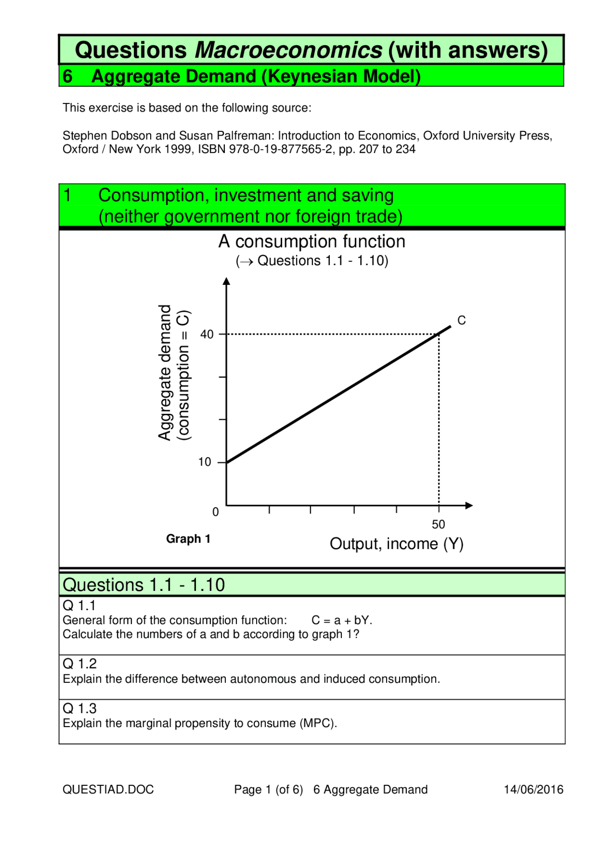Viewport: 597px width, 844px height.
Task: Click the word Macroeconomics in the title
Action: tap(288, 50)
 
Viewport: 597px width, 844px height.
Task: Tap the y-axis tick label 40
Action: tap(207, 335)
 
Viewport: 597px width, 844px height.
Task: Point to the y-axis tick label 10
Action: tap(205, 462)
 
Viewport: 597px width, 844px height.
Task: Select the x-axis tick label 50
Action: tap(438, 524)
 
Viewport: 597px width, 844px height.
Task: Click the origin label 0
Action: tap(215, 512)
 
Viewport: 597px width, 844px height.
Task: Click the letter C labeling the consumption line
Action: tap(461, 321)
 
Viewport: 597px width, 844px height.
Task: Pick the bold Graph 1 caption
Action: tap(188, 539)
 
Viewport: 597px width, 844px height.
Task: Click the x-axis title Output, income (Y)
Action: tap(396, 544)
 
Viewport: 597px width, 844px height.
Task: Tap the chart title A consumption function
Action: tap(312, 242)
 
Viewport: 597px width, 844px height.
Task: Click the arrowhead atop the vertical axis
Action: tap(227, 281)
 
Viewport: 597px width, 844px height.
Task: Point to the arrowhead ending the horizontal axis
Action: tap(469, 505)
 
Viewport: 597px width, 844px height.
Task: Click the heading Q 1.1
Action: tap(79, 605)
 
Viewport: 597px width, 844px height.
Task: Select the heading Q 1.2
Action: tap(79, 664)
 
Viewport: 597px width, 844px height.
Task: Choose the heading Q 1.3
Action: tap(79, 708)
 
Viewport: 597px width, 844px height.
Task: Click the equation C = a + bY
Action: tap(341, 620)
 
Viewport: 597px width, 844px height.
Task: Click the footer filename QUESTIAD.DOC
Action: tap(108, 789)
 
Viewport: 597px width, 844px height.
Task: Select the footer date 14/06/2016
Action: tap(534, 789)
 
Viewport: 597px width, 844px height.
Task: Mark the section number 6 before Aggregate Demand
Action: tap(68, 76)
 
